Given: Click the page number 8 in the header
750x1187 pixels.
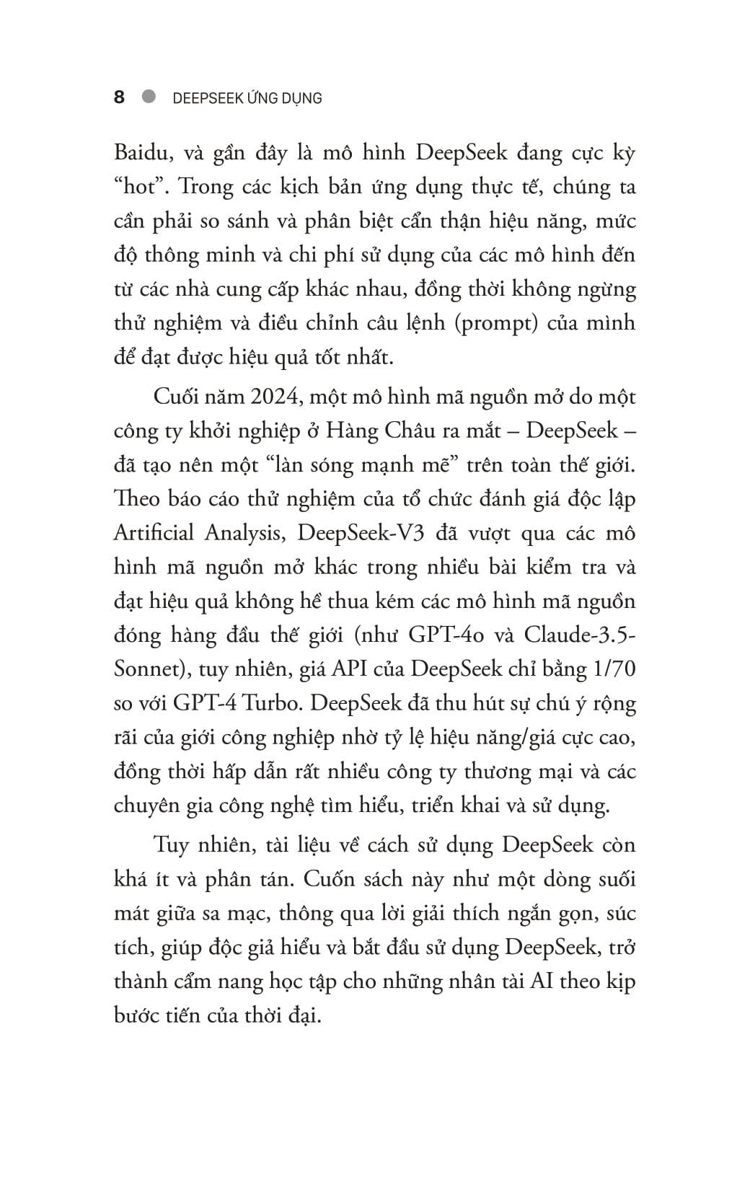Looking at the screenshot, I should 119,97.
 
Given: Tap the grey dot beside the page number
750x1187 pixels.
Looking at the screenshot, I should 149,96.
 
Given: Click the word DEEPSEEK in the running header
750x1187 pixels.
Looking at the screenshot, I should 211,98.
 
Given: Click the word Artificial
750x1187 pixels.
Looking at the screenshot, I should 154,533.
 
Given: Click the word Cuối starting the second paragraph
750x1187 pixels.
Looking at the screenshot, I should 177,397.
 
